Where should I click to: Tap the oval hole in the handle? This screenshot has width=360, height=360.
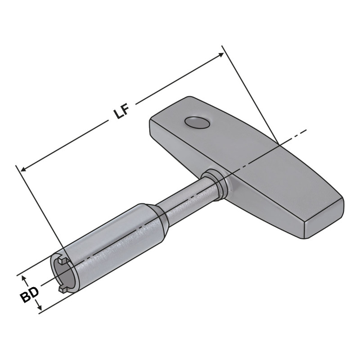[x=198, y=122]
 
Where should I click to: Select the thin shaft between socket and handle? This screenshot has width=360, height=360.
[x=189, y=196]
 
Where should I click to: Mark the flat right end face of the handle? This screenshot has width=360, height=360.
[x=324, y=220]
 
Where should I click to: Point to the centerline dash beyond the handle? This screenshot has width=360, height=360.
[x=299, y=134]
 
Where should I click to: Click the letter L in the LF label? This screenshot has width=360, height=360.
[x=118, y=113]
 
